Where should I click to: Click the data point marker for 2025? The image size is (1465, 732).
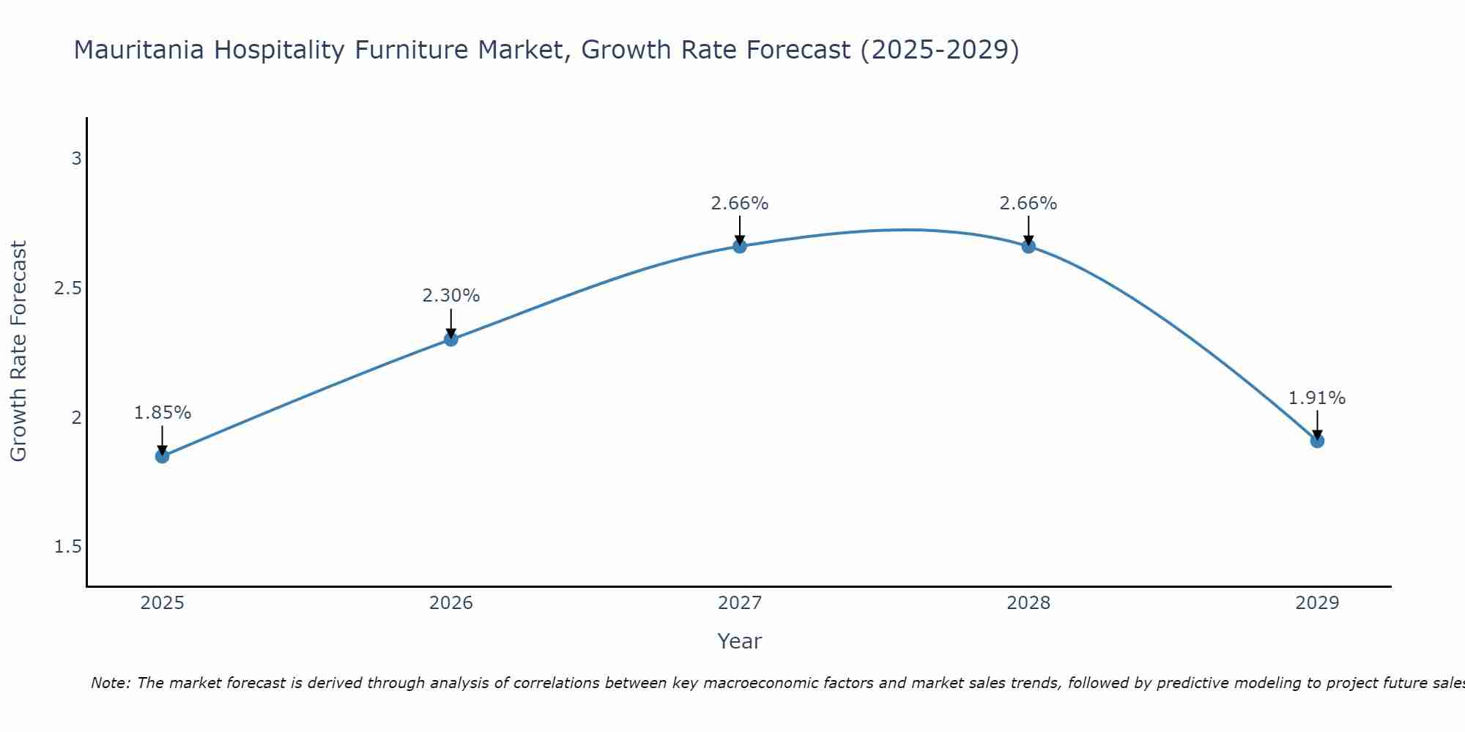point(162,456)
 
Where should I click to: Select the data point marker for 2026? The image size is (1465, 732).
point(450,339)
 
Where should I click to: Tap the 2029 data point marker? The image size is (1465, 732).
point(1316,441)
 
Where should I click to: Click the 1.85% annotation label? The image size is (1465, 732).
point(162,413)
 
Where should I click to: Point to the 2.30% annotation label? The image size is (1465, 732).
point(450,296)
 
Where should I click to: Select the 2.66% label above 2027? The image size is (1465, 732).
point(739,203)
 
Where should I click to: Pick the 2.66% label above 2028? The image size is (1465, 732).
point(1028,203)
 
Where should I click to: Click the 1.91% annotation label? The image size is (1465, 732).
point(1316,398)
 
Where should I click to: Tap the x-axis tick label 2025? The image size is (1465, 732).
point(162,603)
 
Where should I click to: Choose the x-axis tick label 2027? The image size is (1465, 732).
point(739,603)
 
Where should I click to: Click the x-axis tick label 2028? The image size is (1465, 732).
point(1028,603)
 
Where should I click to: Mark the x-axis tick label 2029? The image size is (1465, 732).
point(1316,603)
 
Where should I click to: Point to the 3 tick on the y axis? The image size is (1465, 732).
point(76,159)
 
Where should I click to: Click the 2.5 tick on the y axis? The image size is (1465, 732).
point(68,288)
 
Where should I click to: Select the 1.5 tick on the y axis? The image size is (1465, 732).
point(68,548)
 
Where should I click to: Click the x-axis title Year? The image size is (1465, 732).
point(739,641)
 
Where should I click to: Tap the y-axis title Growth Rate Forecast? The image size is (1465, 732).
point(18,351)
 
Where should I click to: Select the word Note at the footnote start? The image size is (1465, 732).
point(109,683)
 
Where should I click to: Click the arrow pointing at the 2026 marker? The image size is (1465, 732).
point(450,323)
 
